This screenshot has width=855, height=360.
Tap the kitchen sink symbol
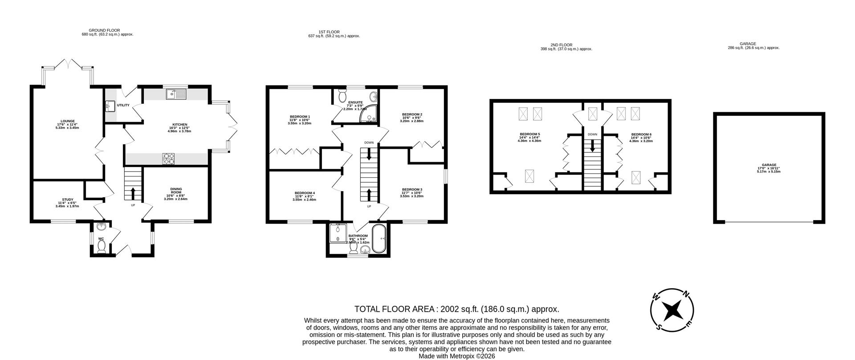176,94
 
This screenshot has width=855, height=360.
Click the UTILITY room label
123,105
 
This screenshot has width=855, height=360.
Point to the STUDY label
68,200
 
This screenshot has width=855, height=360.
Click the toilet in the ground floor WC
101,249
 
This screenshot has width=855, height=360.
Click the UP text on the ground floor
133,205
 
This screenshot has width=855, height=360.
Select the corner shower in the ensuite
370,114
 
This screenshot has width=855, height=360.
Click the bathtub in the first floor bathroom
380,239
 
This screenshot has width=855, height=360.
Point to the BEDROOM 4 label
305,193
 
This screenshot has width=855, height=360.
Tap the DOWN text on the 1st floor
369,143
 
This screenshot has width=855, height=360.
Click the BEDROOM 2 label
411,114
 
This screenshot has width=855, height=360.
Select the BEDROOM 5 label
529,134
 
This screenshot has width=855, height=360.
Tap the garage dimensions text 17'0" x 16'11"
769,168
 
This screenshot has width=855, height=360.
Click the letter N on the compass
686,294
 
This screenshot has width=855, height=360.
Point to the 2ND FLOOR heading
561,45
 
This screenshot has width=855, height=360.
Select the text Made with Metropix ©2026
456,356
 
